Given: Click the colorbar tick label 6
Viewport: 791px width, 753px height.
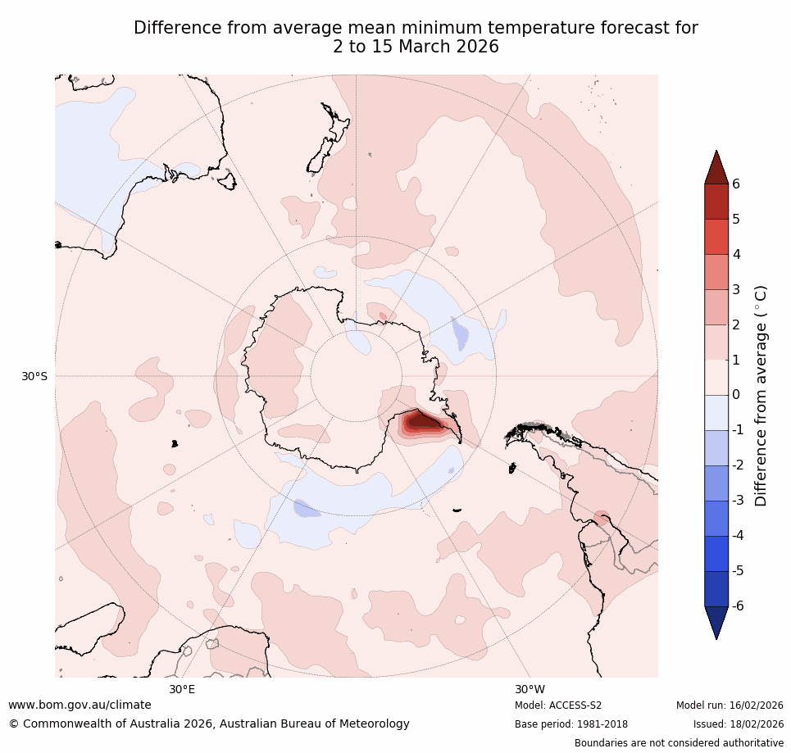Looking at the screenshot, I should pyautogui.click(x=736, y=184).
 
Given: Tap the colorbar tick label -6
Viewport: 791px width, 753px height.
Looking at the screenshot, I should pyautogui.click(x=739, y=606).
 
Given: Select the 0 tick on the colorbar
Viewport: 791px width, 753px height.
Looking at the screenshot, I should pyautogui.click(x=736, y=395).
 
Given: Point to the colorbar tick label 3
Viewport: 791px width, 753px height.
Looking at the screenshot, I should pyautogui.click(x=736, y=289).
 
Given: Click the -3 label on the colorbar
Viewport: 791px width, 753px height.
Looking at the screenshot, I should pyautogui.click(x=739, y=500).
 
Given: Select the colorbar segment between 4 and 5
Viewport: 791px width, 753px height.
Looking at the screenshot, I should pyautogui.click(x=716, y=237).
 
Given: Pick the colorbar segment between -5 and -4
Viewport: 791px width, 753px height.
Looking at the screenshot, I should pyautogui.click(x=716, y=553).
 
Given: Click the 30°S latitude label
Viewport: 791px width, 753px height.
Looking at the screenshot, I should pyautogui.click(x=34, y=377).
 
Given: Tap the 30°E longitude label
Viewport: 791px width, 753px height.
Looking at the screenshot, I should pyautogui.click(x=182, y=689).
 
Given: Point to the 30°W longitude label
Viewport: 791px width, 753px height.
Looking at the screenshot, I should pyautogui.click(x=530, y=689).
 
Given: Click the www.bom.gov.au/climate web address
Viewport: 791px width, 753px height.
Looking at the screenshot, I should pyautogui.click(x=80, y=705).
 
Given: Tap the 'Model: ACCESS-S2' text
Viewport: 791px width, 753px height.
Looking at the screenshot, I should pyautogui.click(x=557, y=705).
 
